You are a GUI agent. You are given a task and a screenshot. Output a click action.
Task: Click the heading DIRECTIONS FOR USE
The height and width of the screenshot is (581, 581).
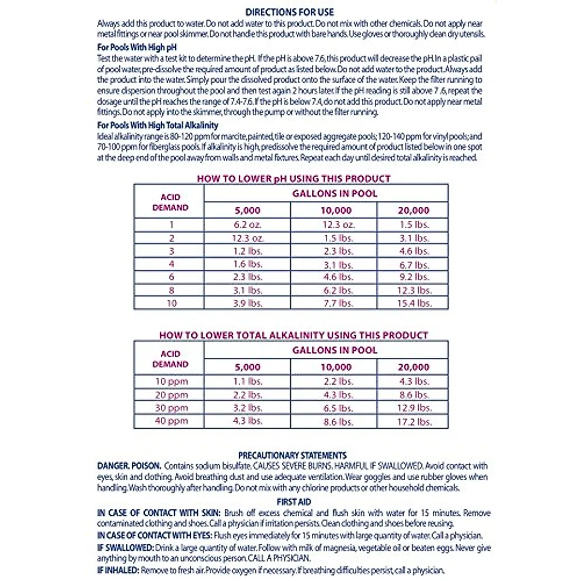(x=290, y=13)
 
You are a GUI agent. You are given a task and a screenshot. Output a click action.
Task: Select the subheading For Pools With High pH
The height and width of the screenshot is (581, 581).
(x=137, y=47)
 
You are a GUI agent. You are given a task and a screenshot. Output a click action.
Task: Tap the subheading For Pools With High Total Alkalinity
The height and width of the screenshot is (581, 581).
(x=157, y=125)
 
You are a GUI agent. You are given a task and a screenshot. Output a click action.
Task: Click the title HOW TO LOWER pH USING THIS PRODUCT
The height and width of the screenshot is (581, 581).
(x=293, y=179)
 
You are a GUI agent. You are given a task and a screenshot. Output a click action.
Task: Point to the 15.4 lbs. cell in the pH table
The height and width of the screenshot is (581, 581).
(x=413, y=304)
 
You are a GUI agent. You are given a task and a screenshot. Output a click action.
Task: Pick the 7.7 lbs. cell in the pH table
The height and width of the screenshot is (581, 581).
(x=338, y=304)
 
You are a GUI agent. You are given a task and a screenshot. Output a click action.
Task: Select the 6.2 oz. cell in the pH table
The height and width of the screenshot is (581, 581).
(x=247, y=225)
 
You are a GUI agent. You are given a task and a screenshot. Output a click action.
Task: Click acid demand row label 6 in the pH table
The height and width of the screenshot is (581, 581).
(x=171, y=277)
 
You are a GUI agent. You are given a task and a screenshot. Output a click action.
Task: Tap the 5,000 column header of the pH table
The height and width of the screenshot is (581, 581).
(x=247, y=211)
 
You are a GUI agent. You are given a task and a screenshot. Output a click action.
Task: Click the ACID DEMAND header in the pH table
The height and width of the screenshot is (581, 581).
(x=170, y=202)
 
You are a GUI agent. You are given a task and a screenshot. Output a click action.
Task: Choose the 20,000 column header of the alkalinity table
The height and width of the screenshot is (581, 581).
(x=413, y=367)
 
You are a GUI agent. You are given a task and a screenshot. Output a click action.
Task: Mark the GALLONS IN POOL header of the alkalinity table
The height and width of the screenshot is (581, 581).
(x=334, y=350)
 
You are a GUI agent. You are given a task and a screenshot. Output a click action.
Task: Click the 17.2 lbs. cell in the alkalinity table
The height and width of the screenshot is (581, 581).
(x=413, y=422)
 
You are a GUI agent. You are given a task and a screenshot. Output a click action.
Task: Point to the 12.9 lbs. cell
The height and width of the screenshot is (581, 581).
(x=413, y=408)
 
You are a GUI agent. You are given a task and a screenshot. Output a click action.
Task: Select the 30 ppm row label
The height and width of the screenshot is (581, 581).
(x=171, y=408)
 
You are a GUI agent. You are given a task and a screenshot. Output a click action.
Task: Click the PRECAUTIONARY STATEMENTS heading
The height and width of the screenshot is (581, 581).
(x=292, y=455)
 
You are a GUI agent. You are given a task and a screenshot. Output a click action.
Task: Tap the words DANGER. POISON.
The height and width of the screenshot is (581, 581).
(x=129, y=466)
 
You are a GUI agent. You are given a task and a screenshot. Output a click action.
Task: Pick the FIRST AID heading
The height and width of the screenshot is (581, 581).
(x=293, y=502)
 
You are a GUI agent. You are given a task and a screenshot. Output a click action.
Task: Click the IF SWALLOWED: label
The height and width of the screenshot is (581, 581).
(x=125, y=548)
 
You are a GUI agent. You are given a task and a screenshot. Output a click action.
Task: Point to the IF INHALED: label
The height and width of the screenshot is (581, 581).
(x=118, y=570)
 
